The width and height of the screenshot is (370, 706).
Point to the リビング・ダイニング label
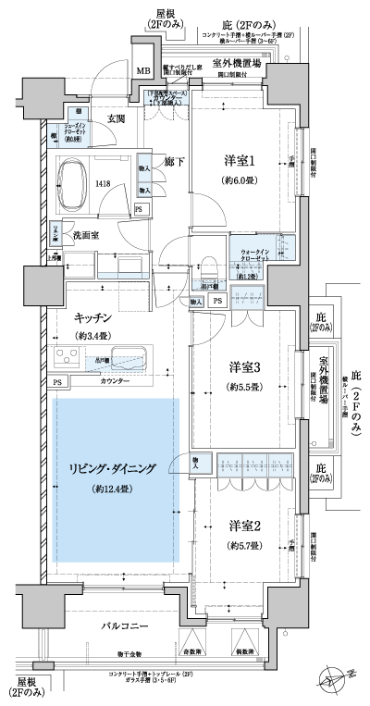[113, 468]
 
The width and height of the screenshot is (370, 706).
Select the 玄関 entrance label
[116, 118]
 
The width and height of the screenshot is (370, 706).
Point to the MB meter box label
[143, 71]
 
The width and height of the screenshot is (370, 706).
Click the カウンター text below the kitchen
[113, 381]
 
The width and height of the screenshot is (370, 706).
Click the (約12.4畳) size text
[113, 488]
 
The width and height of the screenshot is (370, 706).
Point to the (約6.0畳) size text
[239, 180]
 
